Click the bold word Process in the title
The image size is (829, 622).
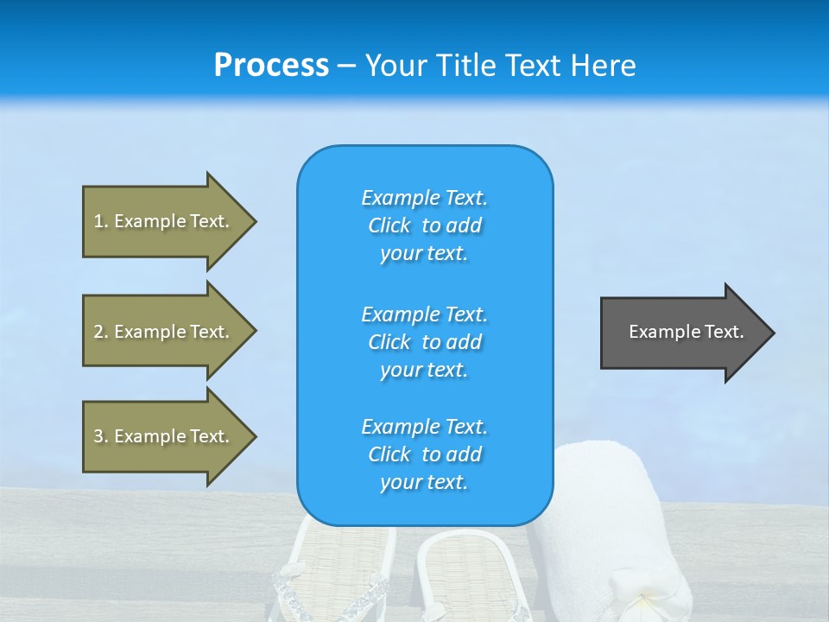click(x=271, y=66)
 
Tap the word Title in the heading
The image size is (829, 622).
click(x=467, y=66)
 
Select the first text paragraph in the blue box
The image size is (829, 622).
click(x=424, y=225)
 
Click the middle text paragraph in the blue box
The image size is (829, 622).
click(x=424, y=342)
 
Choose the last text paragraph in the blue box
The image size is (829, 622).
click(x=424, y=454)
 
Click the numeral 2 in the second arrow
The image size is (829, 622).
click(x=98, y=332)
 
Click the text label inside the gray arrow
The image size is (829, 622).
click(x=686, y=332)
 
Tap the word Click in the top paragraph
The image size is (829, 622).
click(x=389, y=225)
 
